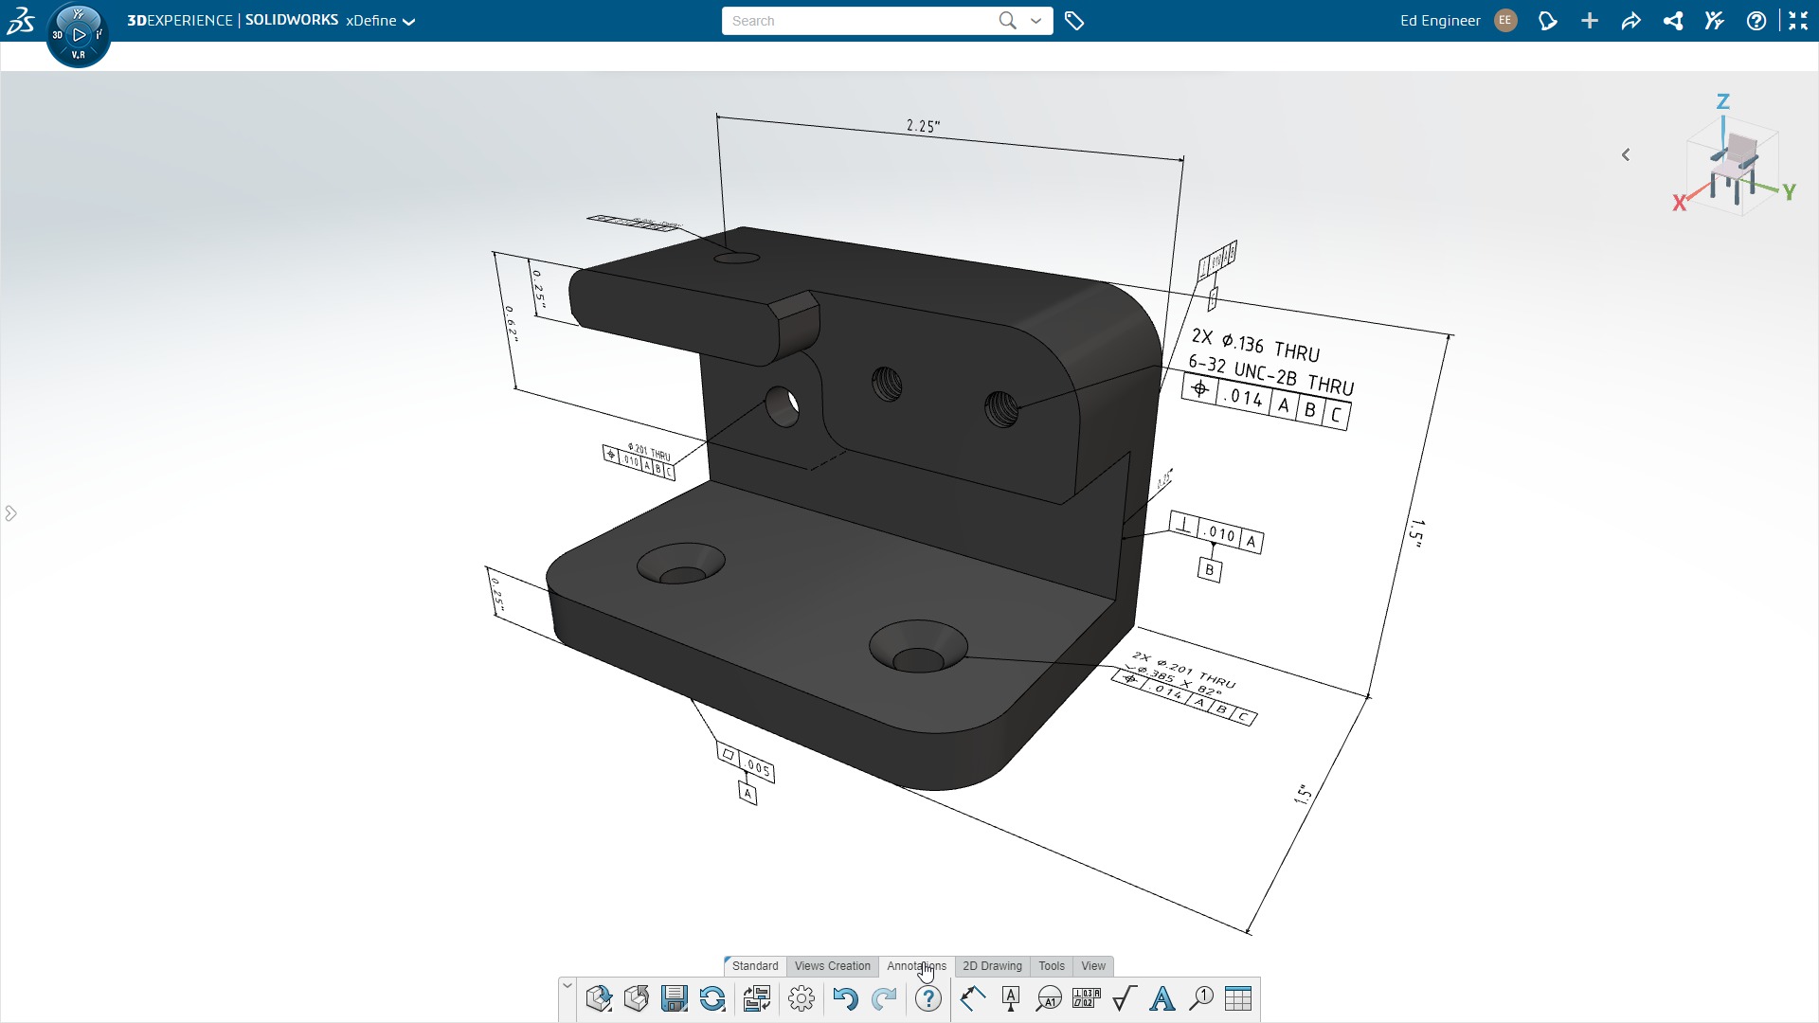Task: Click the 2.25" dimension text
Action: pyautogui.click(x=923, y=126)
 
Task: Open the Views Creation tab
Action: pyautogui.click(x=832, y=966)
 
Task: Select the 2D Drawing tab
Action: pyautogui.click(x=992, y=966)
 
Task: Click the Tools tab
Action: pyautogui.click(x=1051, y=966)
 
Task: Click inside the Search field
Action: pyautogui.click(x=857, y=21)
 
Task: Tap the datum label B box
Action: pyautogui.click(x=1209, y=570)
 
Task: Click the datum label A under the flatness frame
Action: pyautogui.click(x=747, y=794)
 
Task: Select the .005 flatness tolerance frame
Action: pyautogui.click(x=747, y=763)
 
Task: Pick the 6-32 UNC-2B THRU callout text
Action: pyautogui.click(x=1270, y=375)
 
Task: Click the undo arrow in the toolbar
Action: pyautogui.click(x=845, y=998)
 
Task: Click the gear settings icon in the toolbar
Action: pyautogui.click(x=801, y=998)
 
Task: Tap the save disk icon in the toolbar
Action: pyautogui.click(x=674, y=998)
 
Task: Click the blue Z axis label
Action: pyautogui.click(x=1723, y=101)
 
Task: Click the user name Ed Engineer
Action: pyautogui.click(x=1440, y=21)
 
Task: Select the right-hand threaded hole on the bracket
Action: pyautogui.click(x=1000, y=409)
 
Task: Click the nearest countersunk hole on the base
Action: pyautogui.click(x=917, y=647)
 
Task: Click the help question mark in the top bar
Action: pyautogui.click(x=1756, y=21)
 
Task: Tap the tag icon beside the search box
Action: pyautogui.click(x=1074, y=21)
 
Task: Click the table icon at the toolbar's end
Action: pyautogui.click(x=1237, y=998)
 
